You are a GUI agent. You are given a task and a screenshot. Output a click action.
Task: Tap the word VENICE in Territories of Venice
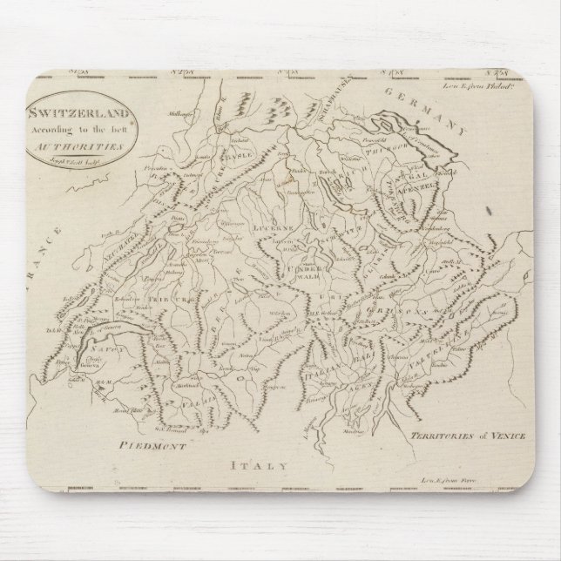(504, 434)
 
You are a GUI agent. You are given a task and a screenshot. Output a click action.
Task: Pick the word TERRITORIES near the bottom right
(436, 434)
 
